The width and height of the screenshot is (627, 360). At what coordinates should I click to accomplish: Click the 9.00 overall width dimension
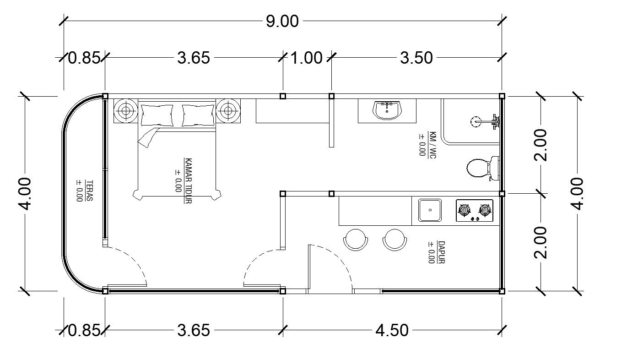(282, 21)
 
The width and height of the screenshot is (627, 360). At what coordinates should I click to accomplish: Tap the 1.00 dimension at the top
(307, 58)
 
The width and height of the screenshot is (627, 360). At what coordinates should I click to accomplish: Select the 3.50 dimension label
(416, 58)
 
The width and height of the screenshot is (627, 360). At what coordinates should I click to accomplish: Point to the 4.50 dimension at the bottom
(392, 330)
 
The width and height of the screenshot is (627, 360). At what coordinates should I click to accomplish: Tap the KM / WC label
(427, 145)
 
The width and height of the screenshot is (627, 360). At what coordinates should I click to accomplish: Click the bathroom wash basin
(387, 110)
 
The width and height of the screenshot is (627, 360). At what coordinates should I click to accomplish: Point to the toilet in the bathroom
(480, 168)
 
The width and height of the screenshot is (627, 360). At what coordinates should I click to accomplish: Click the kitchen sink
(430, 210)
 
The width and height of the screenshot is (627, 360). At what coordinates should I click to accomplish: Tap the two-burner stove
(475, 211)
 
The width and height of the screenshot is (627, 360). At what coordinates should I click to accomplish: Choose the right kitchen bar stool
(395, 239)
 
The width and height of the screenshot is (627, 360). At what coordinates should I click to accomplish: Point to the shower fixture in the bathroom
(485, 121)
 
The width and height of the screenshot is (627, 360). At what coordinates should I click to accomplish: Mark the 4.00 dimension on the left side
(25, 193)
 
